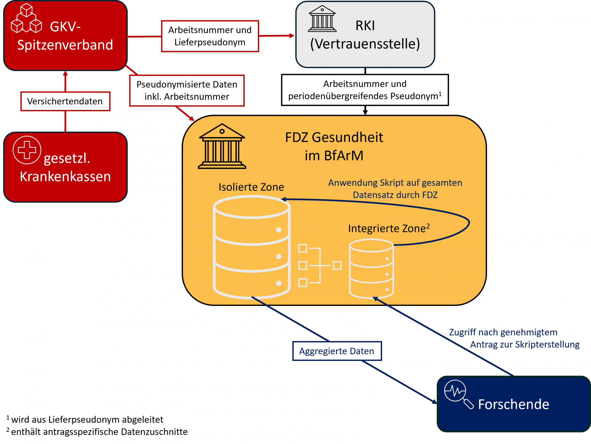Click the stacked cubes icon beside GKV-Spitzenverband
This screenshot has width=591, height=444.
click(x=26, y=18)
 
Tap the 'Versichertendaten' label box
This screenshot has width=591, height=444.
click(x=65, y=101)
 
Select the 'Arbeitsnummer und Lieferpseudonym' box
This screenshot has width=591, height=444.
click(x=210, y=36)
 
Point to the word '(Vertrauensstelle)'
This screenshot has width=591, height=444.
click(x=365, y=44)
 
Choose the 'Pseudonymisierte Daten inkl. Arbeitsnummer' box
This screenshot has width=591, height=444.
click(x=187, y=90)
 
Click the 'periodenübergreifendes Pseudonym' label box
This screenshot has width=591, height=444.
click(x=365, y=90)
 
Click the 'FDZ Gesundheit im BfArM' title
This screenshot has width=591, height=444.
click(x=334, y=146)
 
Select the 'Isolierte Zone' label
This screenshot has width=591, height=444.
click(x=251, y=187)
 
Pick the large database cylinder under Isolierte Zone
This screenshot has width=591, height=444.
click(x=252, y=247)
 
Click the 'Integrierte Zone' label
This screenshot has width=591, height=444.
click(x=389, y=228)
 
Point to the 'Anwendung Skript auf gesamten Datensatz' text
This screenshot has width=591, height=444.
click(x=395, y=189)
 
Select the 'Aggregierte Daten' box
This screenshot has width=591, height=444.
click(x=337, y=351)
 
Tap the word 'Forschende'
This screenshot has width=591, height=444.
click(x=513, y=404)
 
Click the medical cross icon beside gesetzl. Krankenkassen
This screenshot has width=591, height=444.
click(x=27, y=150)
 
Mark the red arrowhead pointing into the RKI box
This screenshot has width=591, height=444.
click(x=292, y=36)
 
